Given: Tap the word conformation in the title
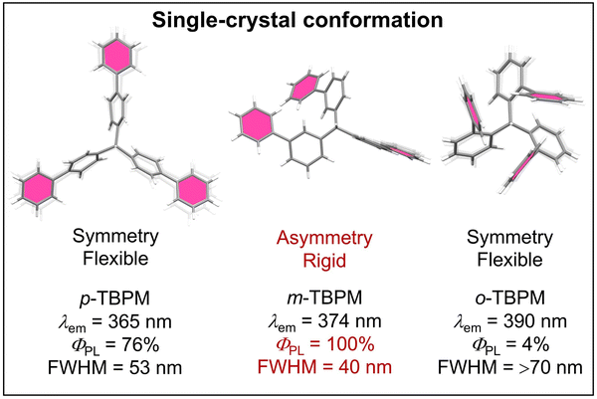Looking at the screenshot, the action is click(373, 20).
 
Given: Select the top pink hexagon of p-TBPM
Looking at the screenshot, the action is click(116, 56).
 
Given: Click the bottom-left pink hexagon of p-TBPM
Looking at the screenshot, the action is click(38, 189).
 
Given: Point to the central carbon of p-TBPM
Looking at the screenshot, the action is click(116, 146).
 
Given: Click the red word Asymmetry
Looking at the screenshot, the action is click(324, 239).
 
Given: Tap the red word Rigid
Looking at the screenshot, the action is click(324, 261).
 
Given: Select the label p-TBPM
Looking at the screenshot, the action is click(115, 299).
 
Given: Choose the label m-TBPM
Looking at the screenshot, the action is click(324, 298).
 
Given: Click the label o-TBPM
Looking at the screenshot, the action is click(510, 298).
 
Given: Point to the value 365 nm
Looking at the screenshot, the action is click(139, 322).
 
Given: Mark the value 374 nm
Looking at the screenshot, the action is click(349, 321).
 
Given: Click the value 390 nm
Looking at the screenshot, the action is click(535, 321).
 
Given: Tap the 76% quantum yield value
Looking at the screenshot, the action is click(140, 345).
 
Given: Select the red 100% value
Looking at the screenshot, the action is click(350, 344).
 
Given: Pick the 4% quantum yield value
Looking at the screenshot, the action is click(536, 345).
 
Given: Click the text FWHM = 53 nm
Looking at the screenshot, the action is click(115, 368).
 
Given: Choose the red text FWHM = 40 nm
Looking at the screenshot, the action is click(324, 367).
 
